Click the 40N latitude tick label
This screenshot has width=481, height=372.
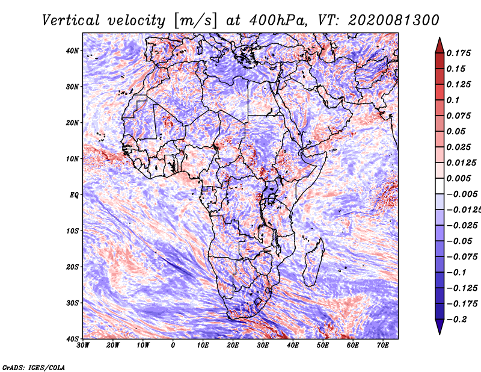point(72,51)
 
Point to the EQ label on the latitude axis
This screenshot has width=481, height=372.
point(74,195)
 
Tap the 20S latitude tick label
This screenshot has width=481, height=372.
point(72,267)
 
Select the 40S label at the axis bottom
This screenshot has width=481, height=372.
point(72,339)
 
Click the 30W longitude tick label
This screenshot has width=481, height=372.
point(83,346)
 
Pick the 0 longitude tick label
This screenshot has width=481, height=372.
point(173,346)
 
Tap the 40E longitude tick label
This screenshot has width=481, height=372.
point(293,346)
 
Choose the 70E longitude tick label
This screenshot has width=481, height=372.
point(383,346)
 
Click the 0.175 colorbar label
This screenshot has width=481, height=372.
point(458,53)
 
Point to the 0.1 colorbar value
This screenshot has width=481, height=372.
point(453,100)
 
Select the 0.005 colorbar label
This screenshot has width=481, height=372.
point(458,178)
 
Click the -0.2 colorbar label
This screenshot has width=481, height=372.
point(456,320)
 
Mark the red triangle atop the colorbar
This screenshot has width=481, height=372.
point(440,46)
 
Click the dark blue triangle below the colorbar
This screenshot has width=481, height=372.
point(440,327)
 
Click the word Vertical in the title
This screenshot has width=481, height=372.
point(71,20)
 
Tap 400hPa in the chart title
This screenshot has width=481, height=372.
point(278,20)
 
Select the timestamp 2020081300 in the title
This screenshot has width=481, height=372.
point(394,20)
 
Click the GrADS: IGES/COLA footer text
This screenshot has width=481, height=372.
point(34,368)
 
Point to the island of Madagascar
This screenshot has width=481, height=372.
point(313,262)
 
